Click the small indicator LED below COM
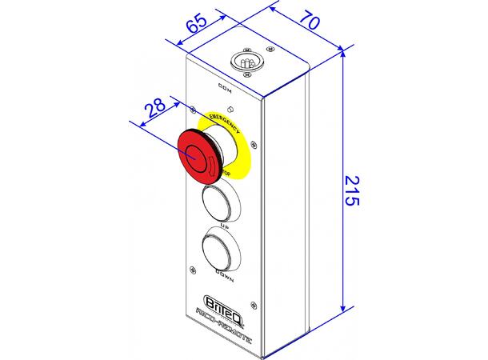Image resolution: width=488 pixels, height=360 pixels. point(230,107)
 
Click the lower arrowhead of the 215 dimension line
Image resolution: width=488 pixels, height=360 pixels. point(343,307)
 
